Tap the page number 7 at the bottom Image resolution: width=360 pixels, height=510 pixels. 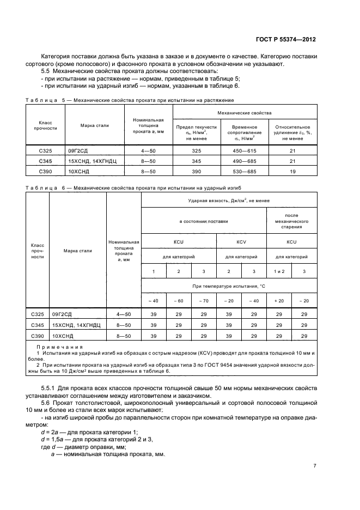coord(315,466)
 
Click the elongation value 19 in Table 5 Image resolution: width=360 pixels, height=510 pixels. coord(293,171)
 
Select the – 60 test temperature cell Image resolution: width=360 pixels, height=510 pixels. coord(179,301)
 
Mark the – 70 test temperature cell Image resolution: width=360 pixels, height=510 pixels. coord(204,301)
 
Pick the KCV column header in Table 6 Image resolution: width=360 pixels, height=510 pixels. coord(241,241)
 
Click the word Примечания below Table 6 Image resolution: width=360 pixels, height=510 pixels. coord(59,347)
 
